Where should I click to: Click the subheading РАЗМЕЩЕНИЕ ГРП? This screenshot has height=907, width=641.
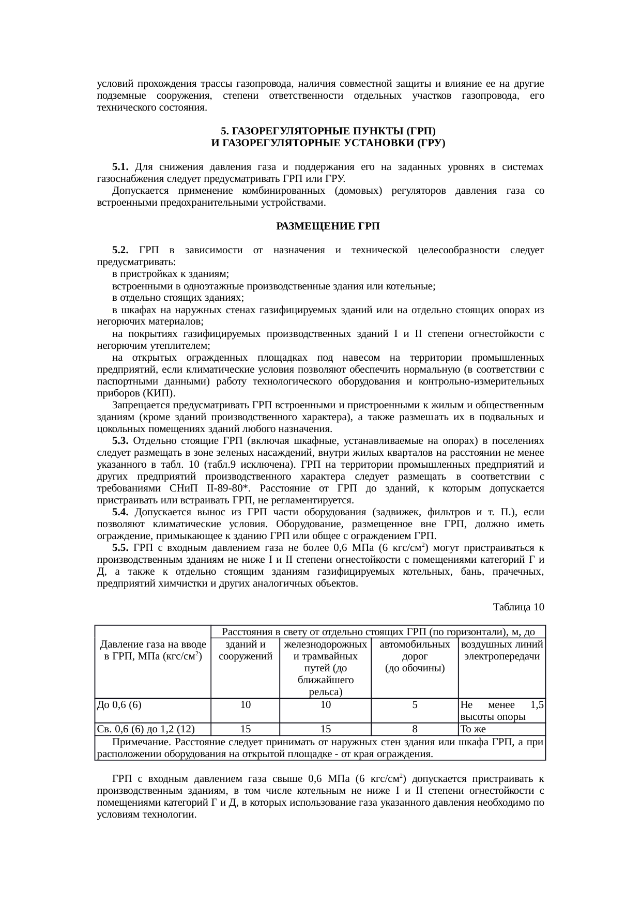click(x=328, y=226)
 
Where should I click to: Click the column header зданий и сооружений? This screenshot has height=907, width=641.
click(x=246, y=651)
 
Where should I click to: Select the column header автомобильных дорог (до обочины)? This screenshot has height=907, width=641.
click(x=415, y=656)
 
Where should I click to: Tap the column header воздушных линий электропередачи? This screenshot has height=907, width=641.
click(x=502, y=651)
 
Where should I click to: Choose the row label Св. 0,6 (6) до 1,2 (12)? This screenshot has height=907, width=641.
click(x=146, y=729)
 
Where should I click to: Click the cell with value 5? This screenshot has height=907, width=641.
click(x=415, y=704)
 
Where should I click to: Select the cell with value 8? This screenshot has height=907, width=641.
click(x=415, y=729)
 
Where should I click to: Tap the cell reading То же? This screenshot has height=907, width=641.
click(x=474, y=729)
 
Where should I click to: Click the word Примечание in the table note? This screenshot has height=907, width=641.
click(x=140, y=742)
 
